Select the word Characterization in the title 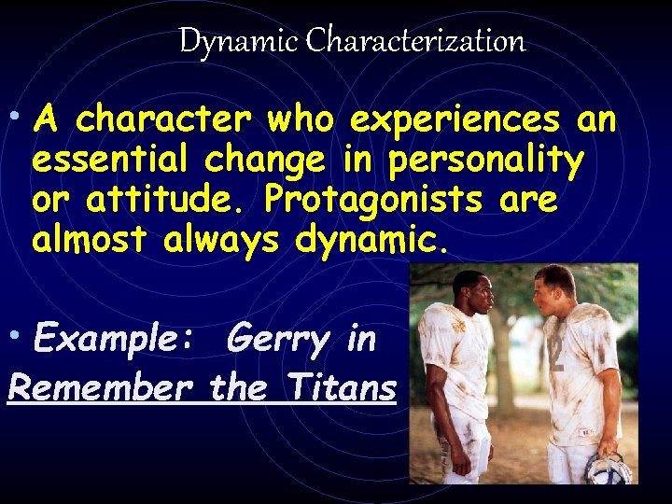[415, 41]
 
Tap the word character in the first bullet [164, 120]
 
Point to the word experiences [455, 120]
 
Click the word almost [90, 240]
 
